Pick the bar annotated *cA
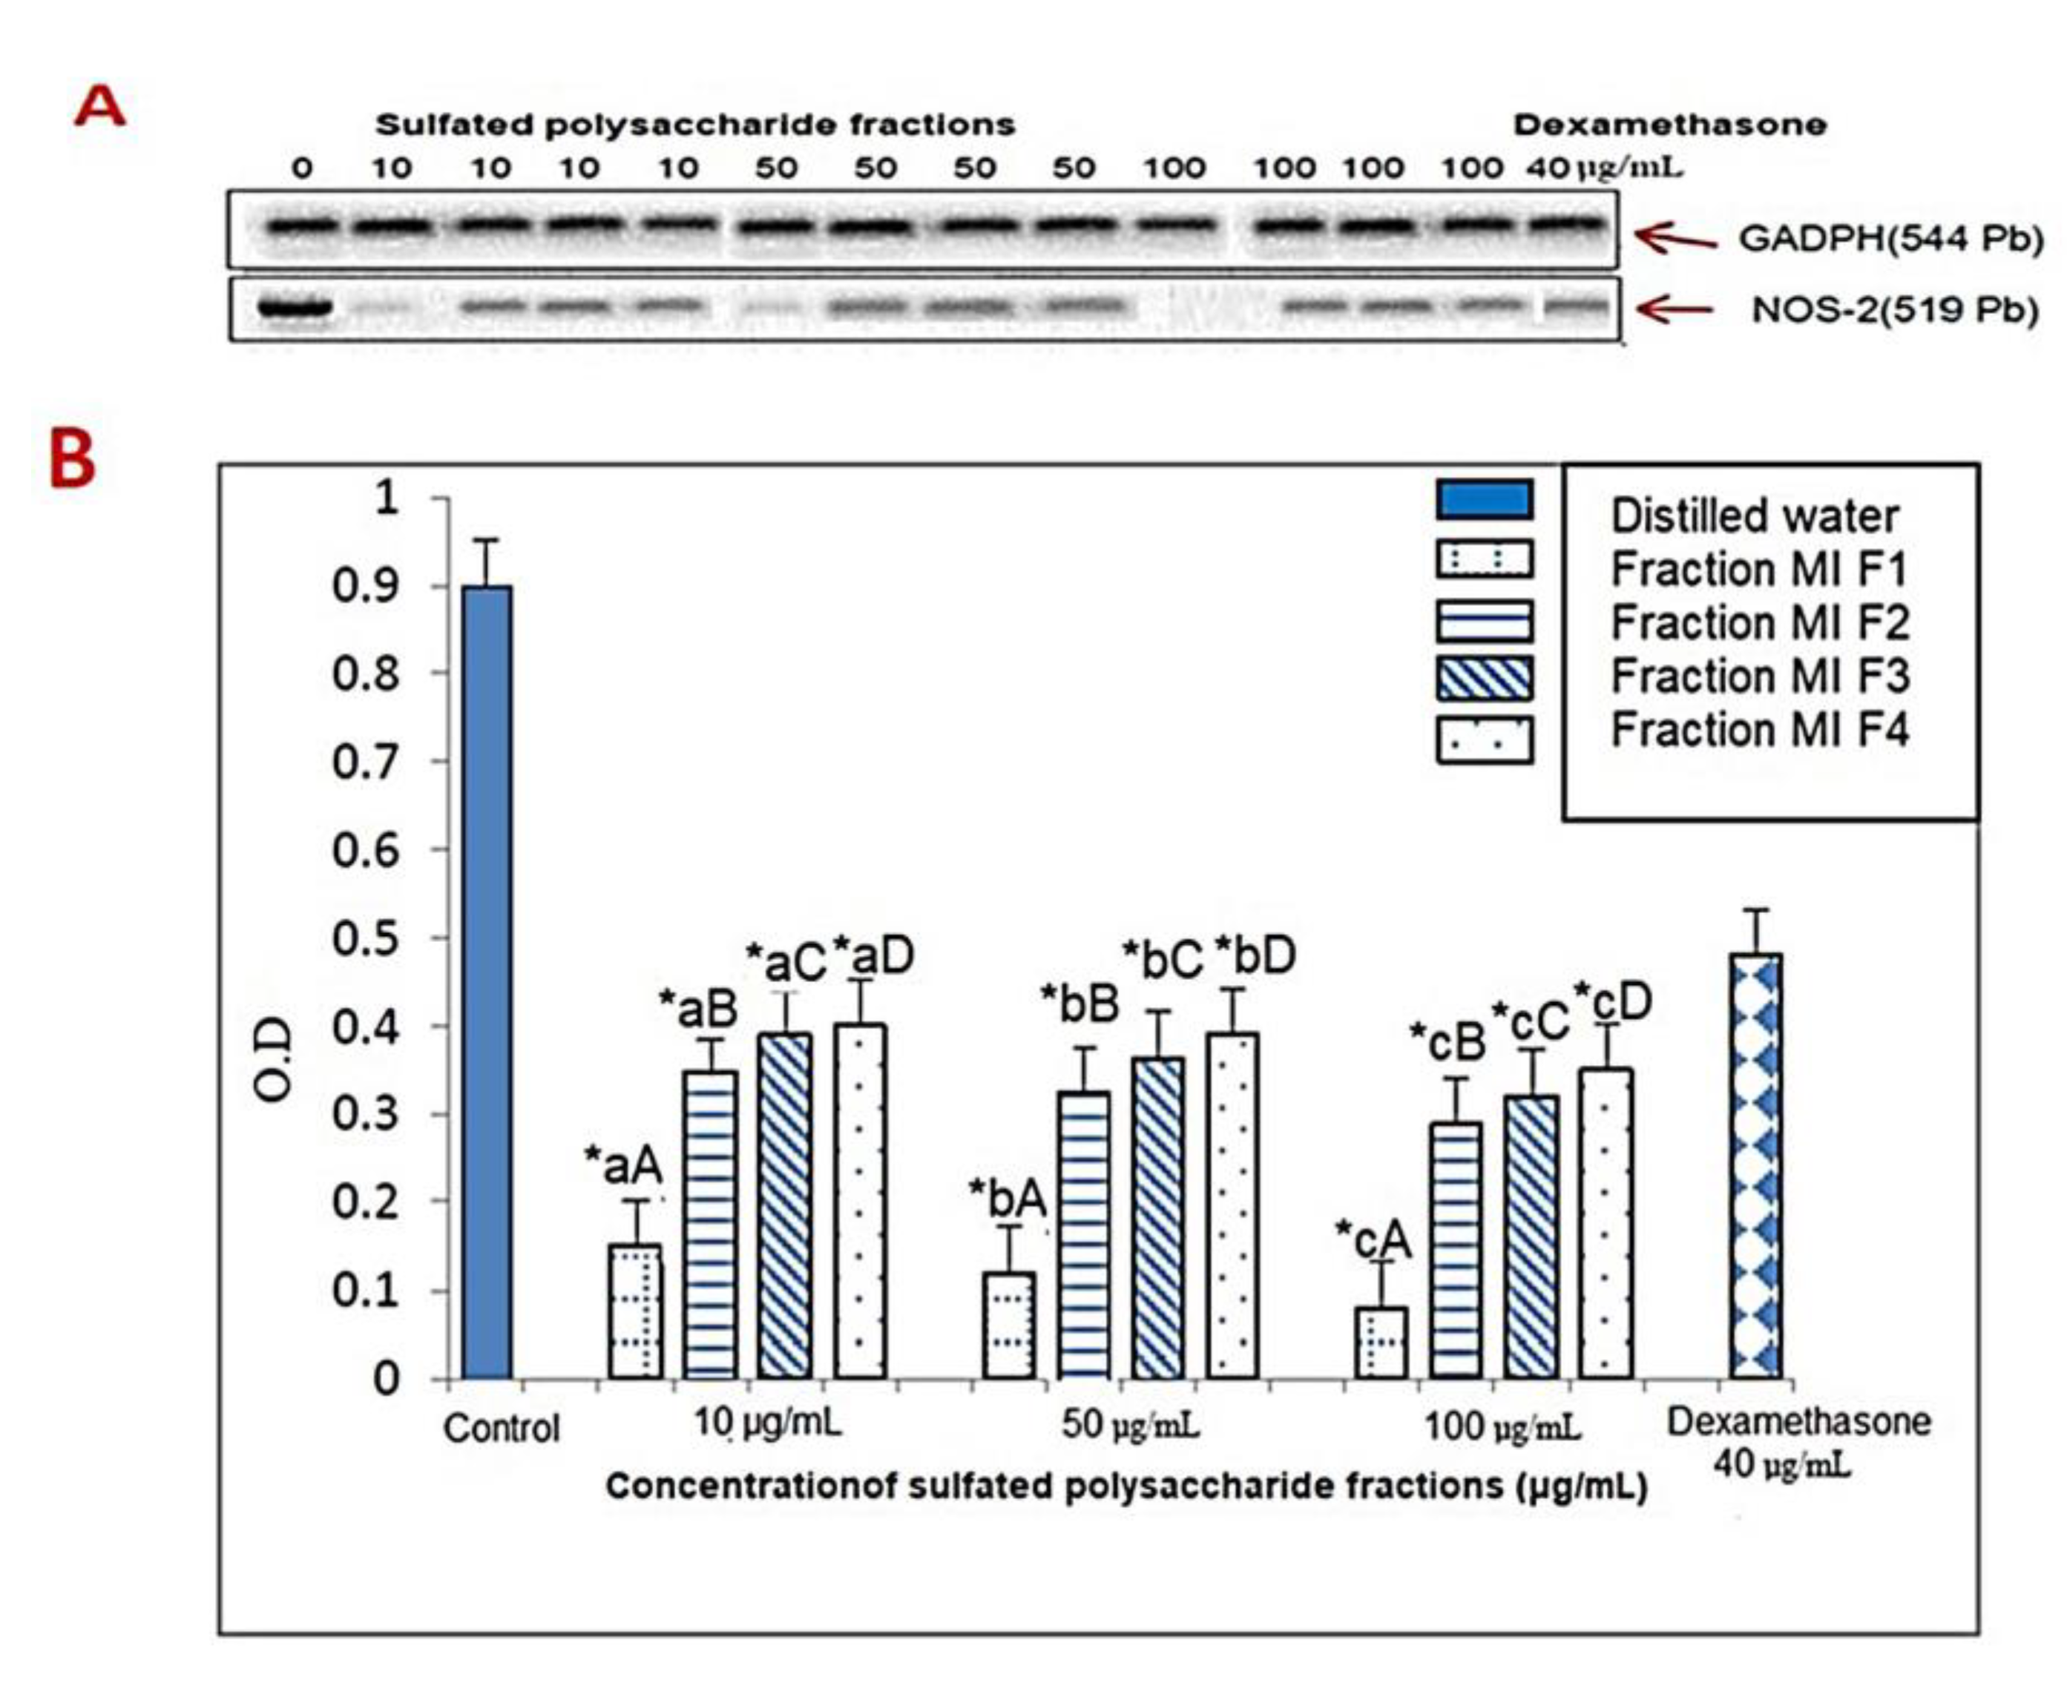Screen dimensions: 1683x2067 point(1381,1342)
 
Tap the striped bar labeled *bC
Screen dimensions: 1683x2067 point(1157,1216)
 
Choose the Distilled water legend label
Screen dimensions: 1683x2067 point(1754,516)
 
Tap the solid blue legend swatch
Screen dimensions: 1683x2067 point(1483,500)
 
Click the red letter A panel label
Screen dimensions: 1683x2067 point(100,107)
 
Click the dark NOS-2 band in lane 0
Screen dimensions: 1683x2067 point(295,309)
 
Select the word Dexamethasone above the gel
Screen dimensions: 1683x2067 point(1669,124)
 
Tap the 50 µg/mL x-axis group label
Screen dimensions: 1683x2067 point(1129,1424)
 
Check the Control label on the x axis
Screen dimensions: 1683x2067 point(502,1427)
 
